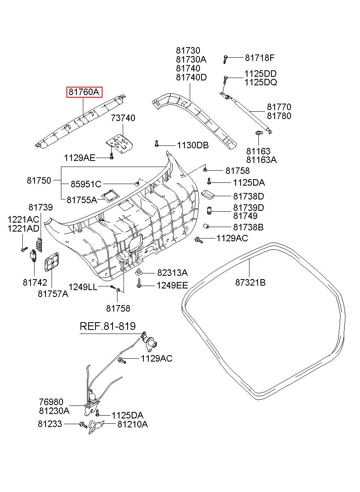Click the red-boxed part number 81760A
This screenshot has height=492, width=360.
point(84,92)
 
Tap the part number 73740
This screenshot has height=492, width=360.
point(123,118)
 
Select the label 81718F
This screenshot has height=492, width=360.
point(260,58)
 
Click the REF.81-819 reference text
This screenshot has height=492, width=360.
point(107,326)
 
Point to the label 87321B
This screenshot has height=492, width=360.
point(250,282)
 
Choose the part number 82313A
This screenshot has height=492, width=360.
point(172,273)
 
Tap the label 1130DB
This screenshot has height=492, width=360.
point(192,145)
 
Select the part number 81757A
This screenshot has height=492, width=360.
point(53,294)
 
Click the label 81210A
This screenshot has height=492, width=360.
point(132,425)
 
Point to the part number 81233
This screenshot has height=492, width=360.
point(50,424)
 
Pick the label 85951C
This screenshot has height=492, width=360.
point(86,184)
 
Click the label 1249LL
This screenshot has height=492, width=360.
point(82,287)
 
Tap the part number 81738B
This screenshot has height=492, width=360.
point(248,227)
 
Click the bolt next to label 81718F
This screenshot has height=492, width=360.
point(225,59)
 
